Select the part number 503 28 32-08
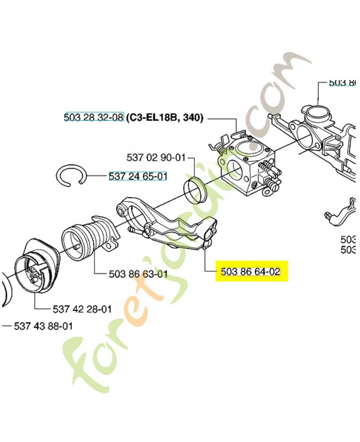[x=93, y=118]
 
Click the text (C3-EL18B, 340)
[x=165, y=118]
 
